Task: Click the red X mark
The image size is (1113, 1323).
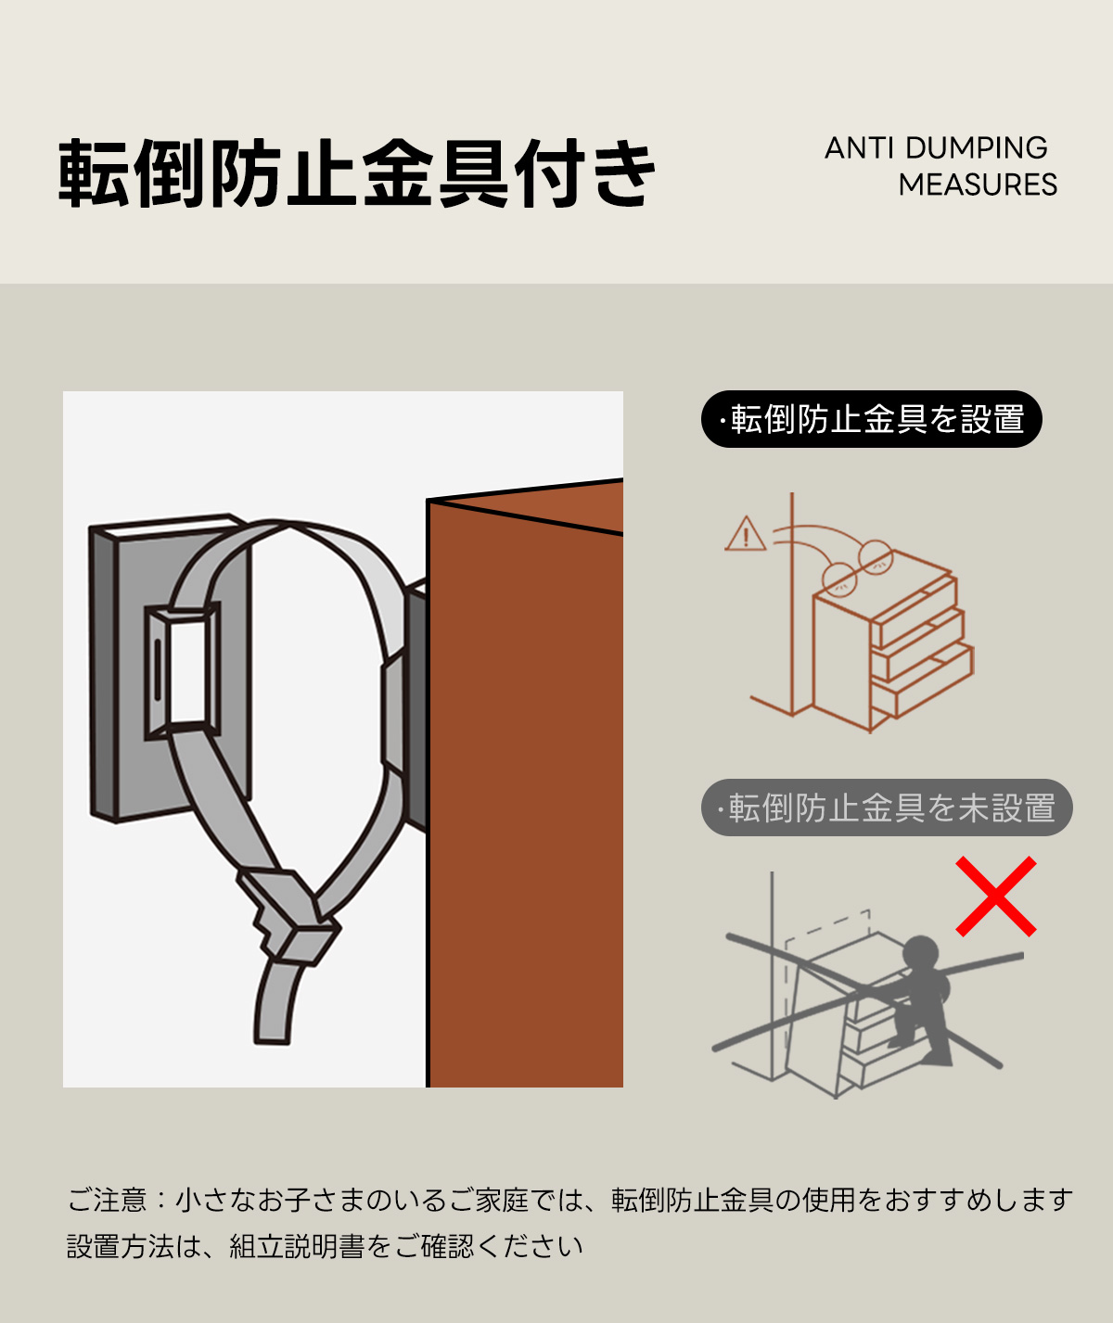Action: pos(996,897)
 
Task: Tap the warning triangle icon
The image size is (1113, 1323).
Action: pos(746,533)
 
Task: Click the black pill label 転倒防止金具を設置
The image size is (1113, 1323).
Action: pos(872,419)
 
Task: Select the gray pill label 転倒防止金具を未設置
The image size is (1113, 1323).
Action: pos(887,808)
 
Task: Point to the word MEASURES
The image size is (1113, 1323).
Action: pos(978,185)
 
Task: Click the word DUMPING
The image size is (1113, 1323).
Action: pos(976,148)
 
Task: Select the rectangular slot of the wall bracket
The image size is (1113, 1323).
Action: pos(183,671)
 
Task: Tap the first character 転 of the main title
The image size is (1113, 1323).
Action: pos(94,173)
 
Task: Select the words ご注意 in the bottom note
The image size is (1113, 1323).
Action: pos(107,1199)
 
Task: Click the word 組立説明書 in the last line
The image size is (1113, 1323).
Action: pos(296,1246)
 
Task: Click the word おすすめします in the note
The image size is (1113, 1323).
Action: pos(979,1200)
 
